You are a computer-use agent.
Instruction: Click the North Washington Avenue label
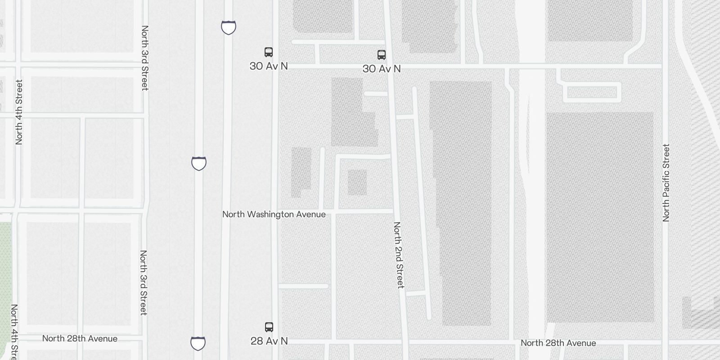[274, 214]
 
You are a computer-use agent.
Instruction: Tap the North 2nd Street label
[399, 255]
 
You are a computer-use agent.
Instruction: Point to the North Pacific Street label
[666, 183]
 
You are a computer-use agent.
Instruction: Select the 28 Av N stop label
[269, 341]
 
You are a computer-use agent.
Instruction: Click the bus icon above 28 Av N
[269, 327]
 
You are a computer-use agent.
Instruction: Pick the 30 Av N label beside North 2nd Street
[382, 69]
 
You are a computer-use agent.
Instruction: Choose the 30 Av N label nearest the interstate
[269, 66]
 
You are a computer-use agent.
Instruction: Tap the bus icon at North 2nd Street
[382, 55]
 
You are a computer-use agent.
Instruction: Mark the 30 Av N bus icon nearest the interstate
[269, 52]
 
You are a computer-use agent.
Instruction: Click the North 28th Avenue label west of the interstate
[80, 338]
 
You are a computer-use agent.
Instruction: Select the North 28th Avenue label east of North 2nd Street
[558, 343]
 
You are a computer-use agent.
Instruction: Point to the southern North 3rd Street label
[143, 283]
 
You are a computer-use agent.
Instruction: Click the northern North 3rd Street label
[144, 58]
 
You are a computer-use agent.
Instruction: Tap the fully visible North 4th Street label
[19, 112]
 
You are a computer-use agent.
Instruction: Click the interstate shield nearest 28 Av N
[198, 343]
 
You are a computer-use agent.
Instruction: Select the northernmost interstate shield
[229, 27]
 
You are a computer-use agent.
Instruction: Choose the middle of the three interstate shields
[199, 163]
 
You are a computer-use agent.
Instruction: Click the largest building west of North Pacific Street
[599, 217]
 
